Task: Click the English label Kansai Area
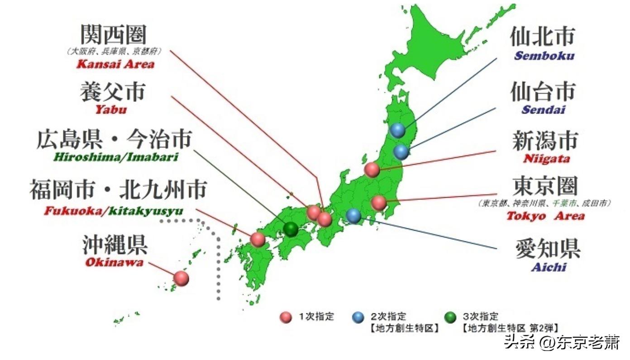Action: point(115,63)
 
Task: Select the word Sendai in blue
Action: point(543,109)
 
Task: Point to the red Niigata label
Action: point(546,159)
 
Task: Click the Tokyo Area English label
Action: point(545,216)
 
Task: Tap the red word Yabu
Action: point(110,109)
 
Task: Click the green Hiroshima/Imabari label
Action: point(115,157)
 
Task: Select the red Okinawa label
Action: point(114,262)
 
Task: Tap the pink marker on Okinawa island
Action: point(181,278)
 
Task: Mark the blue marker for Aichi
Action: point(353,215)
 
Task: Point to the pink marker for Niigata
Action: point(372,170)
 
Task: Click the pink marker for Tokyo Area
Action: point(378,203)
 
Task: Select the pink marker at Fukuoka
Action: point(258,239)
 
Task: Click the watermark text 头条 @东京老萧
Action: point(562,342)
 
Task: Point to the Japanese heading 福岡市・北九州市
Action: point(118,189)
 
